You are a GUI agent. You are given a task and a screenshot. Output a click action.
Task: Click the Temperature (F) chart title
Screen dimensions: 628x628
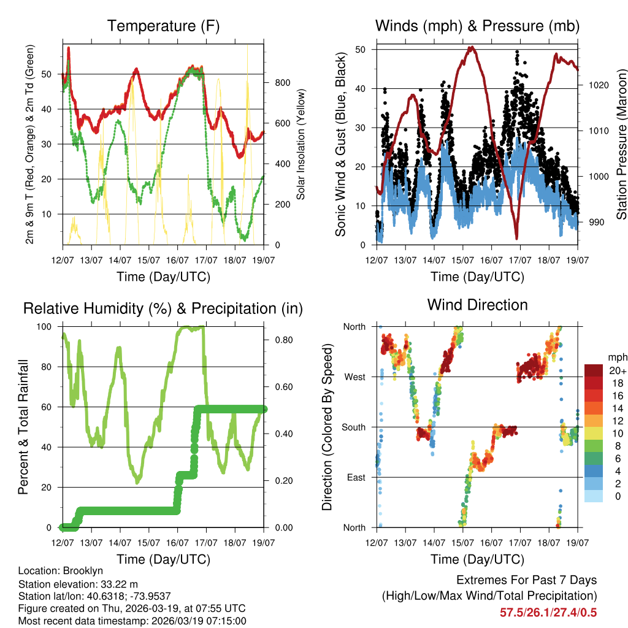tap(163, 26)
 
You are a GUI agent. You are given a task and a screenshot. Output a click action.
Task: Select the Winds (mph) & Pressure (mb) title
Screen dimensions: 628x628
tap(477, 26)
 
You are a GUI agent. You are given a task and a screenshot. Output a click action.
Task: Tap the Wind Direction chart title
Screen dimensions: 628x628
tap(477, 305)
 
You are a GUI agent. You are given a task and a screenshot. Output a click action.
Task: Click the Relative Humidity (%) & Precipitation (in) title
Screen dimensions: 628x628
tap(163, 308)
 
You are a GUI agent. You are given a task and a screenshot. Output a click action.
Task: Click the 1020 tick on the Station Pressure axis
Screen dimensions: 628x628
tap(597, 85)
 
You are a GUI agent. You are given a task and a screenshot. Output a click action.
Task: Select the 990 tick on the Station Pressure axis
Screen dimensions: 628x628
tap(595, 222)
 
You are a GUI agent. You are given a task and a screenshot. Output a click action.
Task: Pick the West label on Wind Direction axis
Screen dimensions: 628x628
tap(354, 377)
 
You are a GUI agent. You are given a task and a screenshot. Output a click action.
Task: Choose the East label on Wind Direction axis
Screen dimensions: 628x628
tap(355, 477)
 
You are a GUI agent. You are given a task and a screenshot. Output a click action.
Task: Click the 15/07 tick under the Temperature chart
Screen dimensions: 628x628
tap(148, 261)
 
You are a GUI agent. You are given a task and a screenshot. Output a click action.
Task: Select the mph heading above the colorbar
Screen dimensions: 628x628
tap(616, 357)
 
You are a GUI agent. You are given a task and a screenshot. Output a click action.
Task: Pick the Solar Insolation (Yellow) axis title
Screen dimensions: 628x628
tap(301, 144)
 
